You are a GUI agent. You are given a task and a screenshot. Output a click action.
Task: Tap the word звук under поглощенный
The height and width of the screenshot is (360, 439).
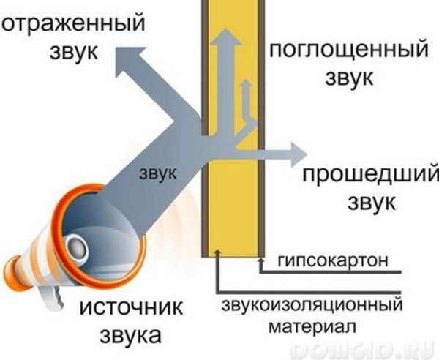tap(331, 77)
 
